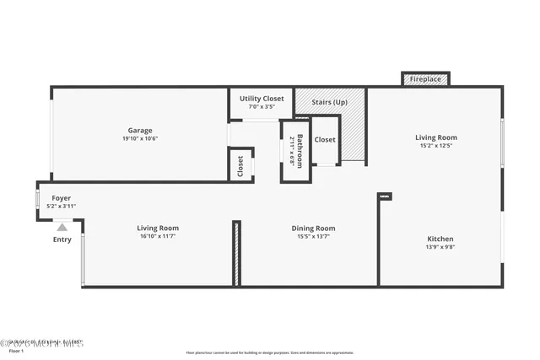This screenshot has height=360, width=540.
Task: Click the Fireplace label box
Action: (425, 79)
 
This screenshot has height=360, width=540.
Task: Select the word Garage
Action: (140, 131)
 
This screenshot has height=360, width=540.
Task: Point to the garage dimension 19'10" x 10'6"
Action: (140, 139)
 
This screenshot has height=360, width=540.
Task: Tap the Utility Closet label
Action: (262, 99)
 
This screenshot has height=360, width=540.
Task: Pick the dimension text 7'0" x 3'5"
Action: (262, 107)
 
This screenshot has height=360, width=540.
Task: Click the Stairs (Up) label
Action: (329, 102)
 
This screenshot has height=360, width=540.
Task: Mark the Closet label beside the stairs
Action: (325, 140)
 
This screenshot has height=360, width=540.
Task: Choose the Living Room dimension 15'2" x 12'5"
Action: (436, 146)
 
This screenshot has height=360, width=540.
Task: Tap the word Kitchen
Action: (440, 239)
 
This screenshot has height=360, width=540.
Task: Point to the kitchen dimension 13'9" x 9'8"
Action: (440, 248)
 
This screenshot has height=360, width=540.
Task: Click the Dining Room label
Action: (313, 228)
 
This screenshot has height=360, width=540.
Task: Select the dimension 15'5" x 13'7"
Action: (313, 237)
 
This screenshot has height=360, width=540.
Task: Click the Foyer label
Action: (62, 198)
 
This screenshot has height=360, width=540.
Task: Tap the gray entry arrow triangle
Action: (62, 225)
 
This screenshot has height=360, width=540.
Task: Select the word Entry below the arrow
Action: (62, 239)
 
